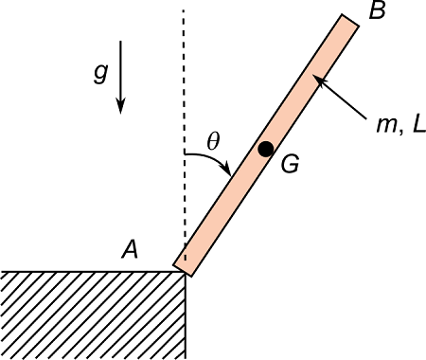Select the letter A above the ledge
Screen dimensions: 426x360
[131, 249]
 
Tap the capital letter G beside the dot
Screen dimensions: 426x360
[291, 163]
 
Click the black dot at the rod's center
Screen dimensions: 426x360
[266, 149]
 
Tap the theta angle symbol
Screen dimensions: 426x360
[213, 140]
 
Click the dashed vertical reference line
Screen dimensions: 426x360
[184, 95]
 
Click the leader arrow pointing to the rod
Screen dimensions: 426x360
[343, 99]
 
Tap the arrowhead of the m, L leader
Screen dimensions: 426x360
[319, 81]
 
